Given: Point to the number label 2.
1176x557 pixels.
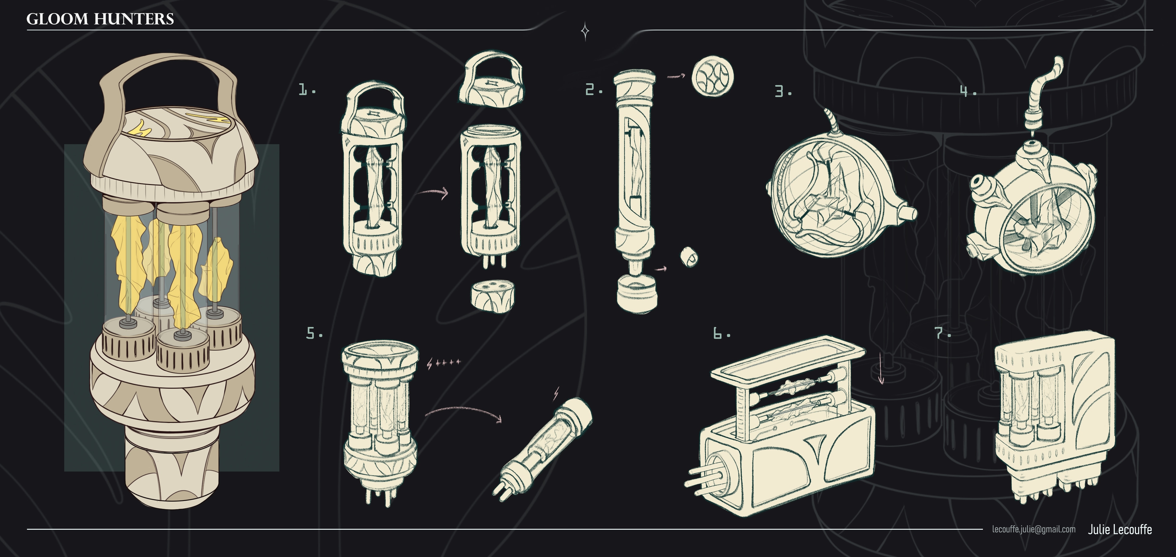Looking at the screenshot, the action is (x=594, y=89).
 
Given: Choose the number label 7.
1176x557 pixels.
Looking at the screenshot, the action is (x=943, y=333).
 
